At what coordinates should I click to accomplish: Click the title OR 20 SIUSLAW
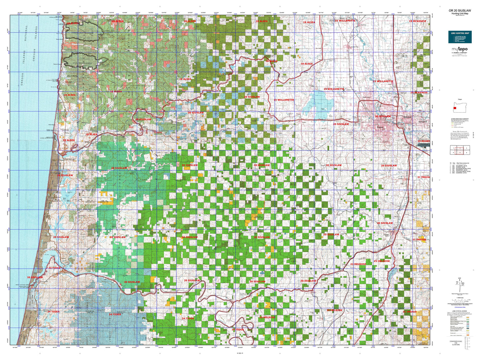(x=459, y=11)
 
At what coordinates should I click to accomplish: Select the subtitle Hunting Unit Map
(x=459, y=14)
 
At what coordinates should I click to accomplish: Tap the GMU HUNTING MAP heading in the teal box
(x=460, y=33)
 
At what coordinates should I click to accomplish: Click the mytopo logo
(x=459, y=49)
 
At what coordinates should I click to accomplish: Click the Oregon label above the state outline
(x=460, y=99)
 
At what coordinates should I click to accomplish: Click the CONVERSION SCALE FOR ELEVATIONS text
(x=456, y=343)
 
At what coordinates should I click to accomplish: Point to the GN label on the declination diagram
(x=460, y=278)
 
